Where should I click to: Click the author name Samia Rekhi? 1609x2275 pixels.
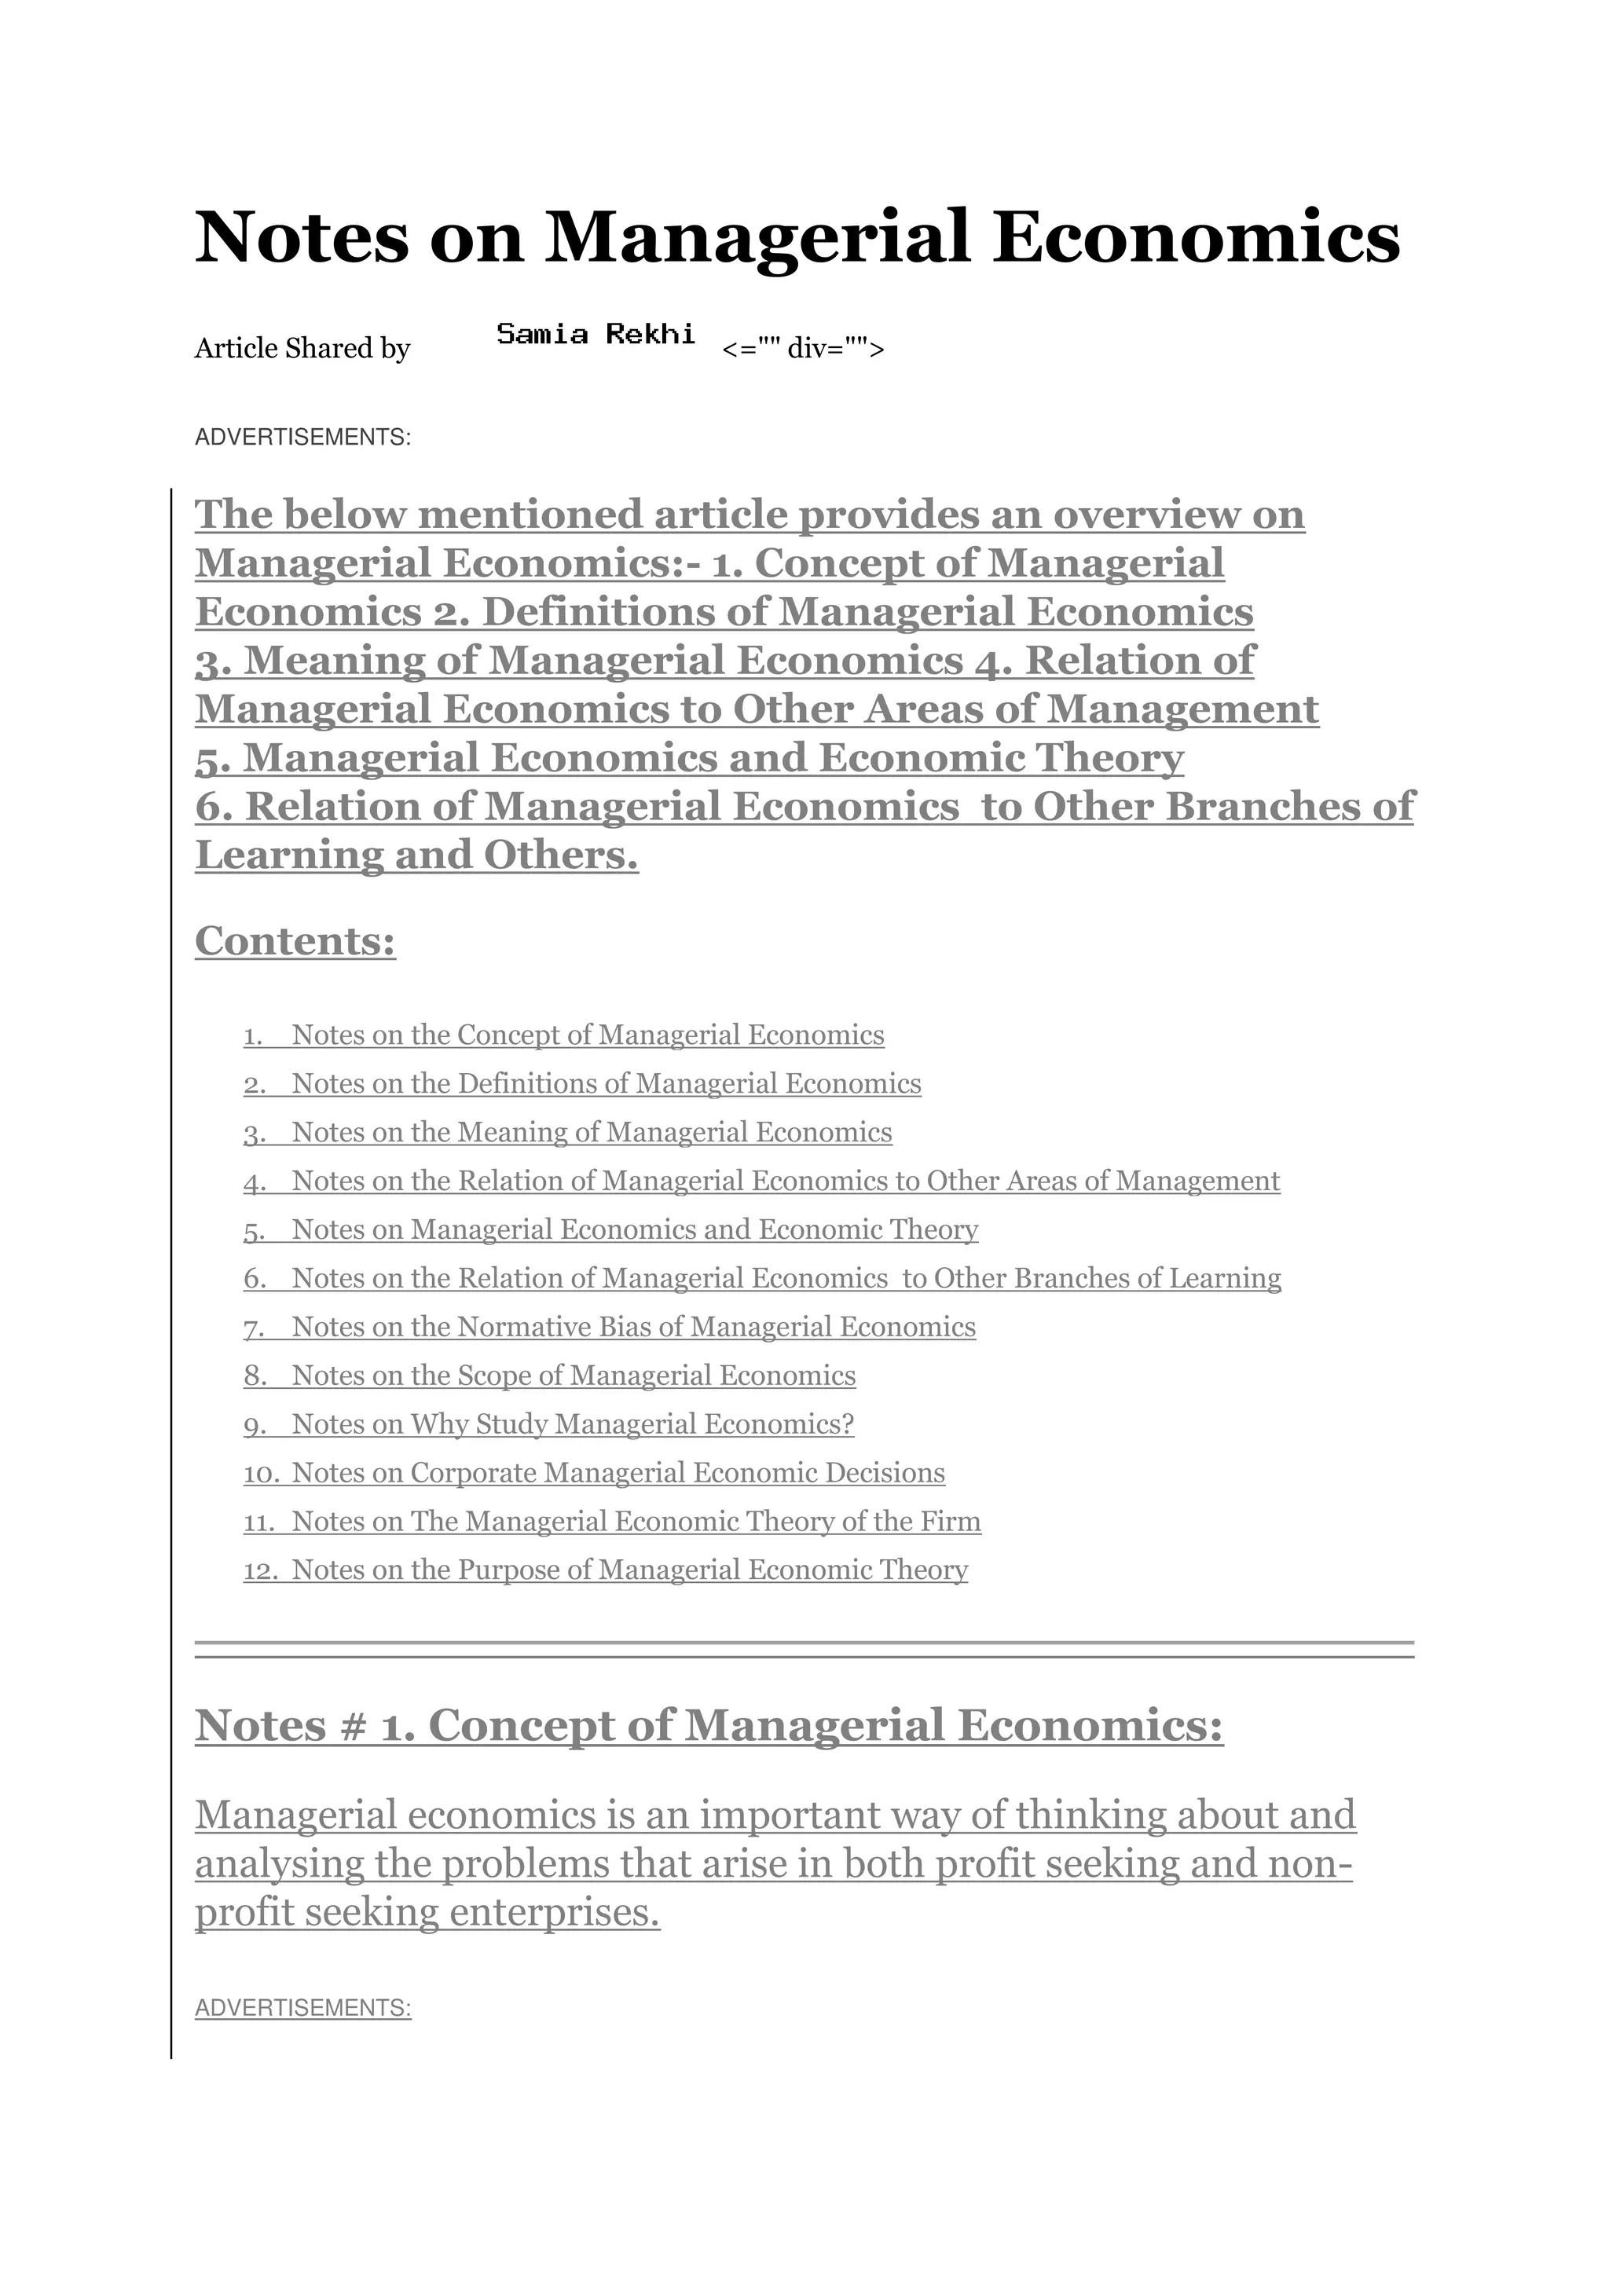pyautogui.click(x=596, y=334)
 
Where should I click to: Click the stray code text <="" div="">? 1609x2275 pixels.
pyautogui.click(x=802, y=349)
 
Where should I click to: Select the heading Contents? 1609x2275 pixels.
pyautogui.click(x=295, y=940)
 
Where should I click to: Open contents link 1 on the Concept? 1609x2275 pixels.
pyautogui.click(x=588, y=1035)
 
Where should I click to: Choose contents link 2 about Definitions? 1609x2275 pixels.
pyautogui.click(x=607, y=1084)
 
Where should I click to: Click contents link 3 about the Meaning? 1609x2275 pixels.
pyautogui.click(x=592, y=1133)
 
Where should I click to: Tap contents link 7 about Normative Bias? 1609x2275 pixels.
pyautogui.click(x=633, y=1327)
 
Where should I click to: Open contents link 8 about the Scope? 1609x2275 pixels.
pyautogui.click(x=574, y=1376)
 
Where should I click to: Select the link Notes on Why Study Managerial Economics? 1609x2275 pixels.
pyautogui.click(x=573, y=1424)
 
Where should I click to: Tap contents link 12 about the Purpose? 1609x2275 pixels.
pyautogui.click(x=629, y=1570)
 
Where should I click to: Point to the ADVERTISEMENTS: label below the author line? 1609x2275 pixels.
pyautogui.click(x=302, y=437)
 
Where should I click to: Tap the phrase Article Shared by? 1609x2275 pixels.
pyautogui.click(x=302, y=349)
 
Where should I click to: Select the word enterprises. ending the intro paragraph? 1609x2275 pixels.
pyautogui.click(x=555, y=1912)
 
